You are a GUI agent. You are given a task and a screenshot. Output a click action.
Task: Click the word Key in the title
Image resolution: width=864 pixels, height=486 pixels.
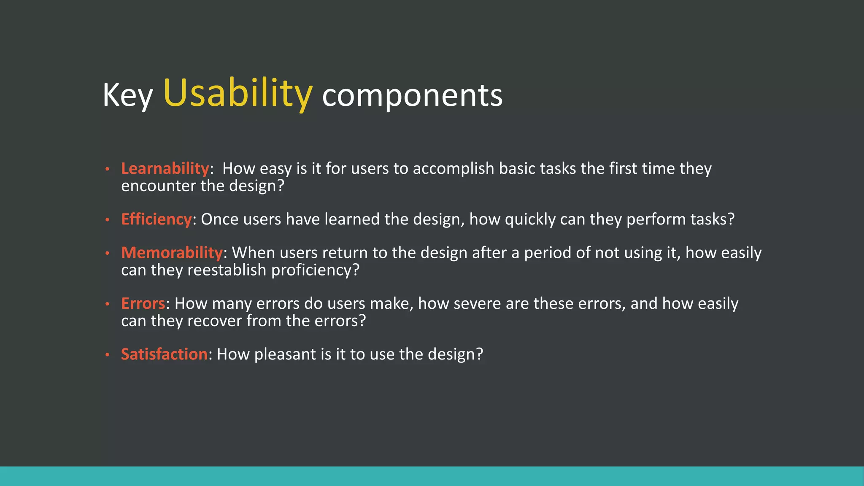point(127,95)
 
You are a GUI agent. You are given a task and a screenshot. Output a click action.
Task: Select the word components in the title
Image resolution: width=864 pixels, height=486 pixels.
point(412,95)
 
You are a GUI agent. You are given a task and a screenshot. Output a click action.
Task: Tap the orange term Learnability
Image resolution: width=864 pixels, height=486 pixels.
point(165,168)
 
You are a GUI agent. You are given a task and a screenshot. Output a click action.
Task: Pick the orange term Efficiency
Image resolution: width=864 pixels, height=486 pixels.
point(157,219)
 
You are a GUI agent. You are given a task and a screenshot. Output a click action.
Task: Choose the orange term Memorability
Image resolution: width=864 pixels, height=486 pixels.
point(172,252)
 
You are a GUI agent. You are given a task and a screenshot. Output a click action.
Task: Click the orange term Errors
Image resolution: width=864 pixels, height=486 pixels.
point(143,303)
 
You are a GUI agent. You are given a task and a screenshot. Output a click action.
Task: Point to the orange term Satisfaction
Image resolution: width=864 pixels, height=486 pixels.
point(164,354)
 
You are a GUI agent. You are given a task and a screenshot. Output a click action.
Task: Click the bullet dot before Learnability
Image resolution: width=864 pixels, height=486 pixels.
point(108,169)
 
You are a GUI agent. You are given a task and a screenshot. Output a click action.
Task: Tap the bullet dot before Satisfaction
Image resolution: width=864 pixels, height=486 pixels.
point(108,355)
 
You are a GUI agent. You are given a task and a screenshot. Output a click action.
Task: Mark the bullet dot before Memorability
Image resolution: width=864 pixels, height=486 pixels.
point(108,253)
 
